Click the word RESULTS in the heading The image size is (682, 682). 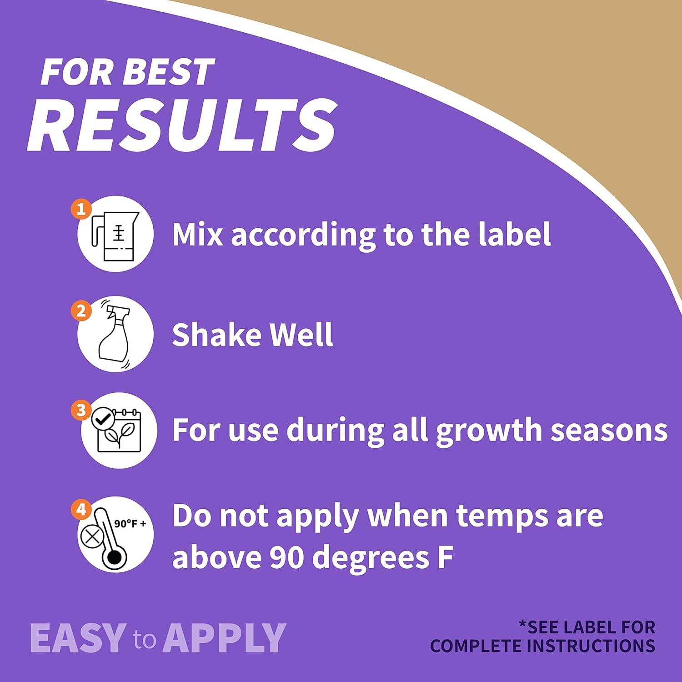(182, 124)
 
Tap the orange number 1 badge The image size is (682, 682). (81, 210)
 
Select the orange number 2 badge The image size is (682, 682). (81, 311)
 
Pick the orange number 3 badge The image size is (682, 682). (81, 410)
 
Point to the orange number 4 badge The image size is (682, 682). (81, 510)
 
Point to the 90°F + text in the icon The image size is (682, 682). (130, 524)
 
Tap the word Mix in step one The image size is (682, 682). (197, 234)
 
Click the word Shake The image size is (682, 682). (216, 335)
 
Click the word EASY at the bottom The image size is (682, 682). (78, 638)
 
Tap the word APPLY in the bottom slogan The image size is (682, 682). (225, 638)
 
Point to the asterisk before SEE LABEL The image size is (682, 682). (523, 624)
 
